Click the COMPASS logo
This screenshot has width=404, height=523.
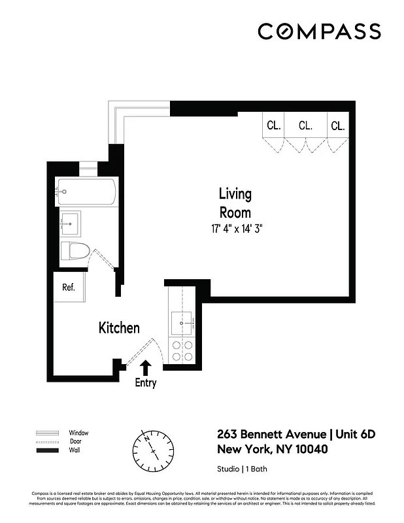[x=318, y=31]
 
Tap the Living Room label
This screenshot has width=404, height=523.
[x=235, y=203]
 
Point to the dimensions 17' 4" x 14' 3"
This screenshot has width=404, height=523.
[x=237, y=228]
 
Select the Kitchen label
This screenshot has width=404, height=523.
[x=119, y=328]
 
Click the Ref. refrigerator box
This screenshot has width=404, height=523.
[x=69, y=287]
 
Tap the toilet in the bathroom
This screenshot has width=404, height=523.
[x=75, y=251]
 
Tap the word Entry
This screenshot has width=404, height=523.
[x=145, y=383]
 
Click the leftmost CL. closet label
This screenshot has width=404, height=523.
[x=274, y=126]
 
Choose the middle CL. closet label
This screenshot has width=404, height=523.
[x=305, y=126]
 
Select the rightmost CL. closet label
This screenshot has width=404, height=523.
[x=337, y=126]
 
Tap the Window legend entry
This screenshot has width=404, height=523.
[x=78, y=433]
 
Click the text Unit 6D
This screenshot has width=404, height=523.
[x=357, y=435]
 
